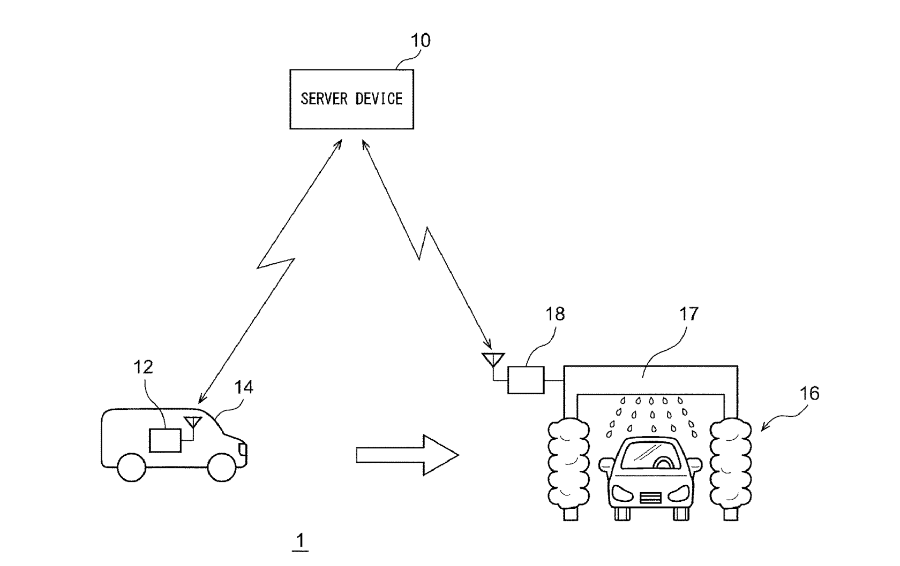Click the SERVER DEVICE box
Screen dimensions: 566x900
[x=351, y=100]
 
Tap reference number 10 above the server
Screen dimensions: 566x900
[x=420, y=41]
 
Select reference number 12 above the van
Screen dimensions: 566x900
[x=143, y=367]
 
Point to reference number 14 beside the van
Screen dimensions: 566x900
[x=244, y=387]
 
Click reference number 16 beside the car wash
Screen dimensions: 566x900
[x=809, y=394]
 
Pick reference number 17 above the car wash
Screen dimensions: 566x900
[x=689, y=314]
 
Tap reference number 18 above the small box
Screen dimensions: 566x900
[x=555, y=314]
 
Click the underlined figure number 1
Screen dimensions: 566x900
[x=301, y=541]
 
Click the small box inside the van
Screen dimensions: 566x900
[x=165, y=440]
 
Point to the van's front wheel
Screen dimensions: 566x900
[x=222, y=467]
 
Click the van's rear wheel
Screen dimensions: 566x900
[x=131, y=467]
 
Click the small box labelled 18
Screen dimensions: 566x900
[x=526, y=380]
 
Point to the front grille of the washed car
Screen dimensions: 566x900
[x=650, y=498]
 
